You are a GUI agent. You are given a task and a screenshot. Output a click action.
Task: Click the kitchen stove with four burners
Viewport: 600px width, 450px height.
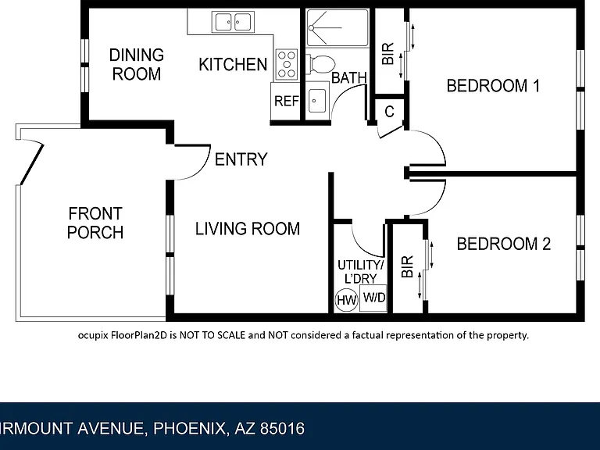coord(286,64)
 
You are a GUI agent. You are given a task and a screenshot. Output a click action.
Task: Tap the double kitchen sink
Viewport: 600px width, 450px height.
coord(233,22)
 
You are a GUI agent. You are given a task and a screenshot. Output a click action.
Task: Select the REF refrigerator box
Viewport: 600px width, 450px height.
coord(286,101)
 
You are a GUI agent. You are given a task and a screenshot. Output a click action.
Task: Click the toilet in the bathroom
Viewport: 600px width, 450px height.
coord(320,64)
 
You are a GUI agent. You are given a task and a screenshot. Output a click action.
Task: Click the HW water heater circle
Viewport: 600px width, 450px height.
coord(346,300)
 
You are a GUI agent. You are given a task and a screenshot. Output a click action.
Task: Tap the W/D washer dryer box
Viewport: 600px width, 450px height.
coord(373,298)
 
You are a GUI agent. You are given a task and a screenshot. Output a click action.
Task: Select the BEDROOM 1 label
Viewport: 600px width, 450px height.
coord(493,86)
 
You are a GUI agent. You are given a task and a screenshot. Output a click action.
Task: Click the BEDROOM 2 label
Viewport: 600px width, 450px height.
coord(504,244)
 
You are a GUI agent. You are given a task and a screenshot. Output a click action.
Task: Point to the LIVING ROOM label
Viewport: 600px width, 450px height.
coord(248,229)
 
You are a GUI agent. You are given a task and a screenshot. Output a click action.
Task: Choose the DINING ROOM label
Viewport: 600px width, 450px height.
coord(137,64)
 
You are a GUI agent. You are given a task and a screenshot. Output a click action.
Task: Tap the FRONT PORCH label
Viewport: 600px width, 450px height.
coord(95,223)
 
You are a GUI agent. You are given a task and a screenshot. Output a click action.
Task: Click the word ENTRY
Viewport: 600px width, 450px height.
coord(241,159)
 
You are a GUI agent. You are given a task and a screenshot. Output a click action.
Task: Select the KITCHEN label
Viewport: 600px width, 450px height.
coord(233,64)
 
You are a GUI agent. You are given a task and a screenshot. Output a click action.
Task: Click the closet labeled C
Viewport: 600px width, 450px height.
coord(390,112)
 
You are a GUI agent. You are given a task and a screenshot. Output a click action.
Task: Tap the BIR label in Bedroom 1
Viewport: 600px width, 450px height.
coord(388,54)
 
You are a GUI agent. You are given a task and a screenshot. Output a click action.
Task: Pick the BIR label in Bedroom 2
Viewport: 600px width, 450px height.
coord(408,266)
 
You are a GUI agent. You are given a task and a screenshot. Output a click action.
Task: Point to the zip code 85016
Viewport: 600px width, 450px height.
coord(282,428)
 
